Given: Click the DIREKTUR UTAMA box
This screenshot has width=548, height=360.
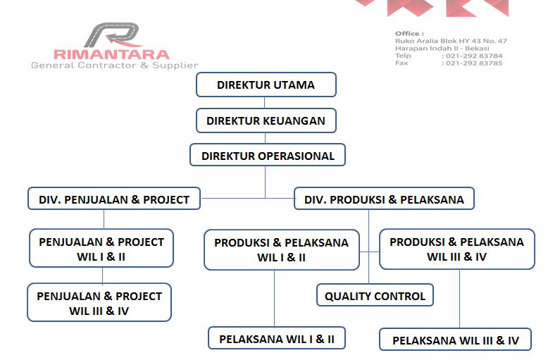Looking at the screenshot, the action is tap(266, 85).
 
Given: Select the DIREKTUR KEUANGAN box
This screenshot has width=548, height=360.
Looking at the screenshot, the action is tap(266, 120).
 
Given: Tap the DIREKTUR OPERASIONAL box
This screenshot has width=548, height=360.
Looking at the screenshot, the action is tap(268, 155).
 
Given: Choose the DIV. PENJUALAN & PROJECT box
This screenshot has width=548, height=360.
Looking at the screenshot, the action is tap(114, 199).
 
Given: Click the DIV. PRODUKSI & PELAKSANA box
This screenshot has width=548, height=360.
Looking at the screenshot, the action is tap(384, 199).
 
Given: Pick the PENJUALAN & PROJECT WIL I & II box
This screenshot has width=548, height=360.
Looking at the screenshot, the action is tap(101, 248).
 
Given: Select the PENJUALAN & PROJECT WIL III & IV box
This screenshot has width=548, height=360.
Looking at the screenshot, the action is tap(99, 302).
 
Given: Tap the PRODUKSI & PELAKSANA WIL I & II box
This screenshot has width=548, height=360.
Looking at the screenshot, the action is tap(282, 249).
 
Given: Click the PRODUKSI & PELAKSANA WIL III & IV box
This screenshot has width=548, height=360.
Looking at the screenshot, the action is tap(456, 249).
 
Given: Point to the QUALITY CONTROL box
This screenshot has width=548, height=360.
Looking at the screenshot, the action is tap(375, 295).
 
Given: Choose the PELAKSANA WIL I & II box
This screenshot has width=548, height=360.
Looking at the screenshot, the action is tap(277, 338).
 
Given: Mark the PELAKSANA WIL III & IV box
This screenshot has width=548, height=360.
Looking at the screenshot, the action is tap(456, 339).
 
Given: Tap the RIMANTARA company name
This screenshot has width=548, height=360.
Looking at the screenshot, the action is tap(111, 54).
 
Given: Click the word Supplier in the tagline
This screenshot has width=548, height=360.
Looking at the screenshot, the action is tap(175, 66).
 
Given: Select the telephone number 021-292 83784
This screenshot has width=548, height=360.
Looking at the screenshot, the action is tap(474, 56).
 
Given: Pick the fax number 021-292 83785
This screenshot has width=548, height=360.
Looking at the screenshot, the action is tap(474, 63).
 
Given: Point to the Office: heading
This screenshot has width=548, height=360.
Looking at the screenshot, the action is tap(409, 34).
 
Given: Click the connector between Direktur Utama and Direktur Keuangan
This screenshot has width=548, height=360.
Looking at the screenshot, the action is tap(265, 103).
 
